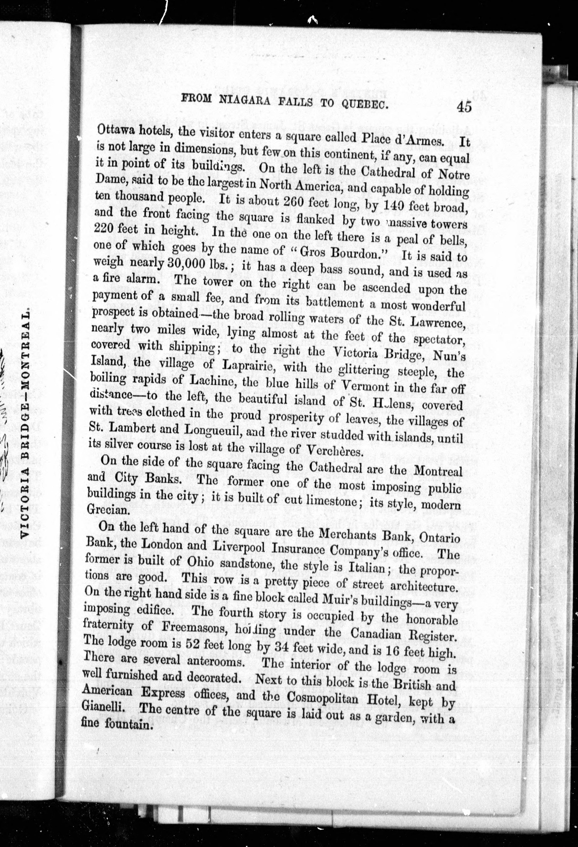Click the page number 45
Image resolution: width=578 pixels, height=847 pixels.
(x=463, y=107)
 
